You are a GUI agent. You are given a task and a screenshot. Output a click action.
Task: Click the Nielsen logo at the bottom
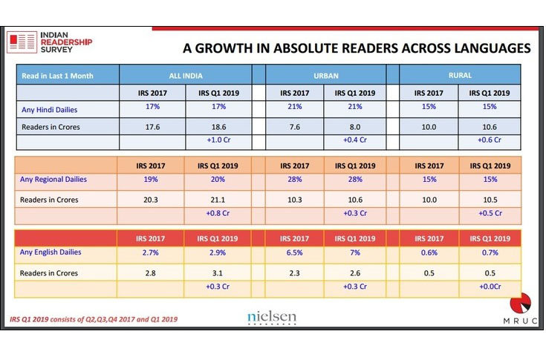[271, 318]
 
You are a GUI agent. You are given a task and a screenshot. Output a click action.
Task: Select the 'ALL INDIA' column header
[185, 75]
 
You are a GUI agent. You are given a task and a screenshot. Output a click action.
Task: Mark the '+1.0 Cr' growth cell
[218, 140]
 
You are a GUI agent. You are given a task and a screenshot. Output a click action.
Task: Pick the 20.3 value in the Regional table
[152, 198]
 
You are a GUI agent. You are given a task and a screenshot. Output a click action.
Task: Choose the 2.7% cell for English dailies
[152, 253]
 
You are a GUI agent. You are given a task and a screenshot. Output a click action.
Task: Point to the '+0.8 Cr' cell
[218, 214]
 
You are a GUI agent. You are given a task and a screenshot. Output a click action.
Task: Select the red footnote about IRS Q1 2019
[93, 319]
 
